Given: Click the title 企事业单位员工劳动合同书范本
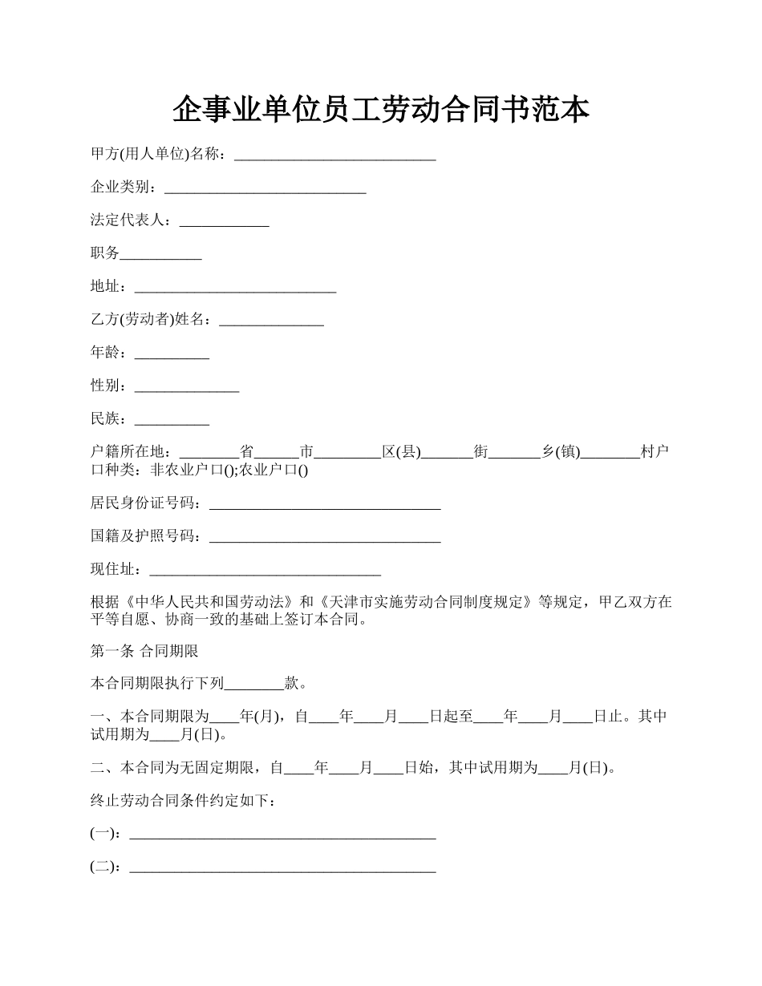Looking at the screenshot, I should pyautogui.click(x=381, y=110).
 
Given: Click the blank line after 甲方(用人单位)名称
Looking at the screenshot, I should pyautogui.click(x=334, y=156).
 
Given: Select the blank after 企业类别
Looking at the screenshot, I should pyautogui.click(x=265, y=188).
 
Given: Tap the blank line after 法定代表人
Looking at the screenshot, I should pyautogui.click(x=224, y=222).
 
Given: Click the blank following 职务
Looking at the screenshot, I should pyautogui.click(x=160, y=255).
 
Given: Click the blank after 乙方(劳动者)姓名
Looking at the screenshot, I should pyautogui.click(x=271, y=321).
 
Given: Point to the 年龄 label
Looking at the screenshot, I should pyautogui.click(x=105, y=353).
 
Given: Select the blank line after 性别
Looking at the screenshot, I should pyautogui.click(x=187, y=386).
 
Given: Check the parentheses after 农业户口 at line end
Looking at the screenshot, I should pyautogui.click(x=302, y=471).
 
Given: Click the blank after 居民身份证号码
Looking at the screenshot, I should pyautogui.click(x=324, y=504).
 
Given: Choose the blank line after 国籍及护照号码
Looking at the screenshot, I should pyautogui.click(x=324, y=537).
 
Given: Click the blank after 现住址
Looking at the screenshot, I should pyautogui.click(x=265, y=571).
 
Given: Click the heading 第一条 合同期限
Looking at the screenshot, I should pyautogui.click(x=144, y=652).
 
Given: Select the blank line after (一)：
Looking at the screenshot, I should pyautogui.click(x=282, y=834).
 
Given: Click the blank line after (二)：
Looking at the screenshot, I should pyautogui.click(x=282, y=867).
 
